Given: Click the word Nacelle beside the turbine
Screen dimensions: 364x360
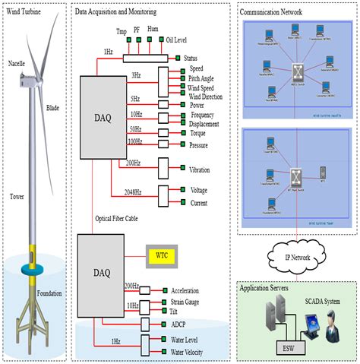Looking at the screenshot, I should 17,63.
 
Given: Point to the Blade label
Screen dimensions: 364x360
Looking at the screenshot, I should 54,108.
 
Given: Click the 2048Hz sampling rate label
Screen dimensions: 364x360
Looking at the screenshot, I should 133,193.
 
